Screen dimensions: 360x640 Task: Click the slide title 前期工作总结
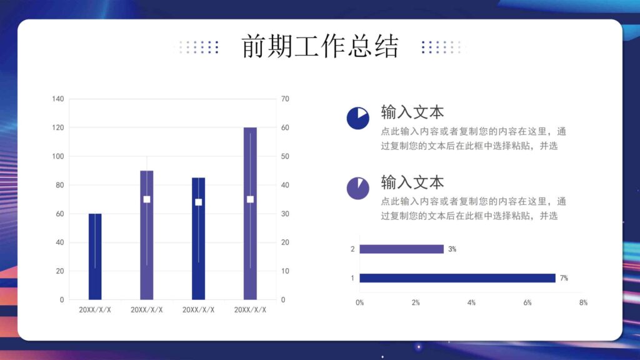(319, 47)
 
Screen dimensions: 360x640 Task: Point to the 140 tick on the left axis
(57, 99)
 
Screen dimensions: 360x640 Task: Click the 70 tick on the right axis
(285, 99)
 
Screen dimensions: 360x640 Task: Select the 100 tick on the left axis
(57, 156)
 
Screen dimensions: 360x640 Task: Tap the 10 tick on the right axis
(285, 271)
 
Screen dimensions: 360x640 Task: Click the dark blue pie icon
(357, 118)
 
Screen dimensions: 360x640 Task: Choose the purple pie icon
(357, 188)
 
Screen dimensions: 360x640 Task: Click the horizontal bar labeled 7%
(457, 278)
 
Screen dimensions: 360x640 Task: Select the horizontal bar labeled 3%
(401, 249)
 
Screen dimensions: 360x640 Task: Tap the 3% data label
(452, 249)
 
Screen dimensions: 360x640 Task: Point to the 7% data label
(564, 278)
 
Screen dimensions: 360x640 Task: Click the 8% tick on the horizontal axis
(583, 302)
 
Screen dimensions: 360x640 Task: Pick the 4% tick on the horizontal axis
(471, 302)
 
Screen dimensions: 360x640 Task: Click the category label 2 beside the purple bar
(352, 249)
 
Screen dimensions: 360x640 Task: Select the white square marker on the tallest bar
(250, 199)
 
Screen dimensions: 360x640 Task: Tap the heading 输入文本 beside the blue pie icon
(412, 112)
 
